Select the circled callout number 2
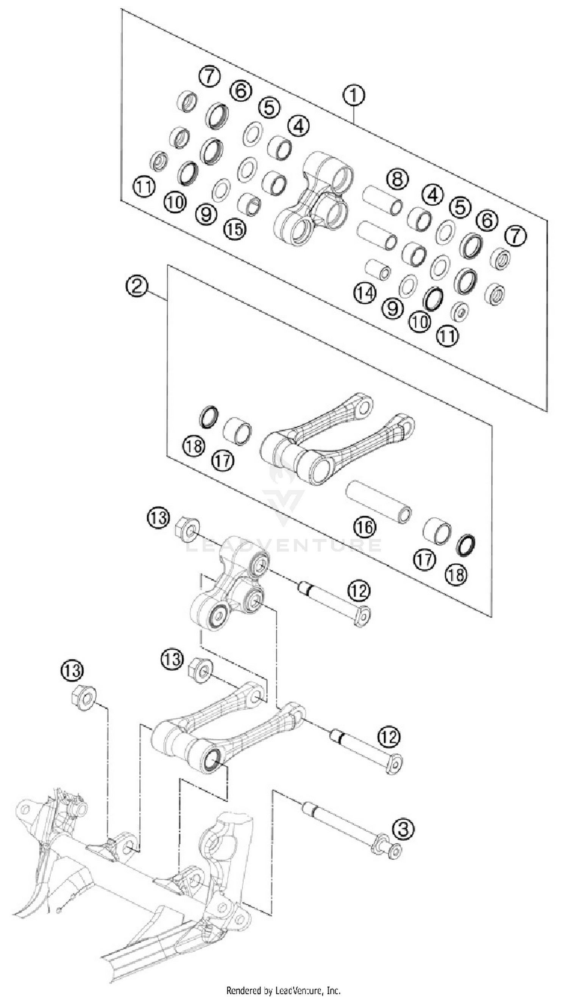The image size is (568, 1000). (137, 287)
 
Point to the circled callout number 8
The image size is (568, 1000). (397, 179)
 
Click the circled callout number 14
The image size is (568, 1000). (365, 293)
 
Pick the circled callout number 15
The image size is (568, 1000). (235, 229)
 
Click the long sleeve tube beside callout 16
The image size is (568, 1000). (378, 501)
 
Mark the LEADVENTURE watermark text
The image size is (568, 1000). (284, 545)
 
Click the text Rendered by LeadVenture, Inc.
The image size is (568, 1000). (284, 990)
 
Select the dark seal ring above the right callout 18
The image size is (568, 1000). (466, 545)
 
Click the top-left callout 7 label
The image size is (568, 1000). (209, 76)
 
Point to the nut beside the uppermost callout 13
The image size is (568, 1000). (189, 529)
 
